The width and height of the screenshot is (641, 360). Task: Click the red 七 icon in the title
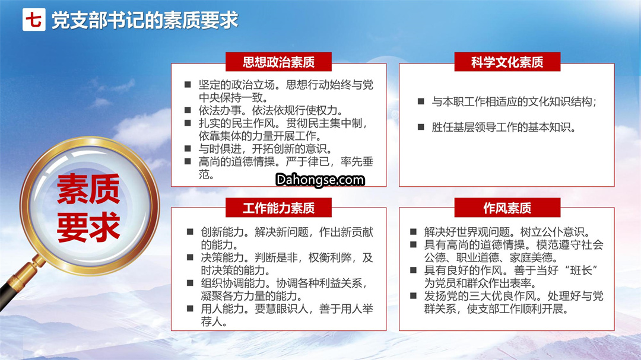click(x=34, y=20)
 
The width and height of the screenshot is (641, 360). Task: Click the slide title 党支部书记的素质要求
click(x=145, y=20)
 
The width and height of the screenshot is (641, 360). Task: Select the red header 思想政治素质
click(x=278, y=62)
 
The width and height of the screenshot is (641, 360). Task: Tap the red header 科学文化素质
click(x=507, y=62)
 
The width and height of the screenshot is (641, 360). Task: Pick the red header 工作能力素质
click(x=278, y=208)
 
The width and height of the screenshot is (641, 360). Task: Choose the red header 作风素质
click(x=507, y=208)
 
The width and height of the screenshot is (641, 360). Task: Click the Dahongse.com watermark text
click(x=320, y=180)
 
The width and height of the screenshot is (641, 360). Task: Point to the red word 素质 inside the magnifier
click(x=88, y=189)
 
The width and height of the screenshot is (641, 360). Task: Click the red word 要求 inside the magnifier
click(x=88, y=227)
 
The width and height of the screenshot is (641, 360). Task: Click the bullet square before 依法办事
click(x=188, y=110)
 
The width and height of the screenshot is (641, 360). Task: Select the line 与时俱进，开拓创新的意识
click(x=265, y=149)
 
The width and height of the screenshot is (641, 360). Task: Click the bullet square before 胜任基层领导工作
click(x=421, y=127)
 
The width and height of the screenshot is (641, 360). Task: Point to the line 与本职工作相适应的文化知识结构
click(x=514, y=101)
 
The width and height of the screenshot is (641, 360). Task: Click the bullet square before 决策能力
click(x=190, y=257)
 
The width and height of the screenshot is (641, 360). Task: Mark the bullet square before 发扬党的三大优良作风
click(x=413, y=295)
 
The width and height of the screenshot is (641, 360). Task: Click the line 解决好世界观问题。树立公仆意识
click(x=507, y=232)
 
